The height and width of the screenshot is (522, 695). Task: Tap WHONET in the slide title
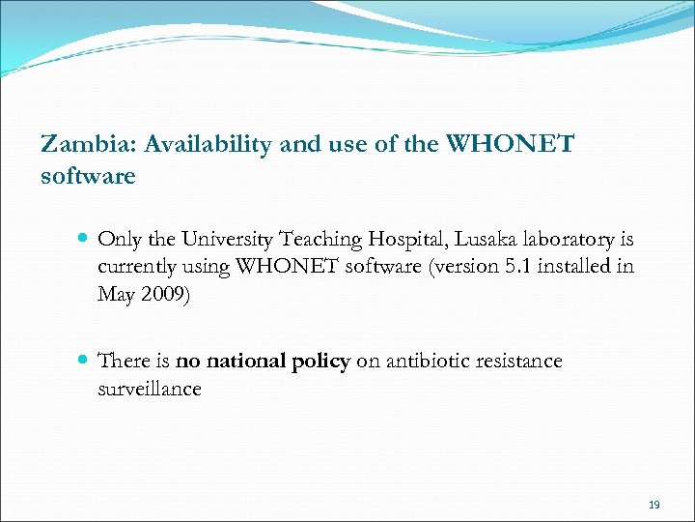[x=508, y=145]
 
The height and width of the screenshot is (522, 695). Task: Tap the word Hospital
[x=403, y=240]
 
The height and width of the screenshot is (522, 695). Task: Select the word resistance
[x=519, y=362]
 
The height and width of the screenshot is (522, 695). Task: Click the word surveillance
[x=150, y=389]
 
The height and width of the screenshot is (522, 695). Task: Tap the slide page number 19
[x=653, y=506]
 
